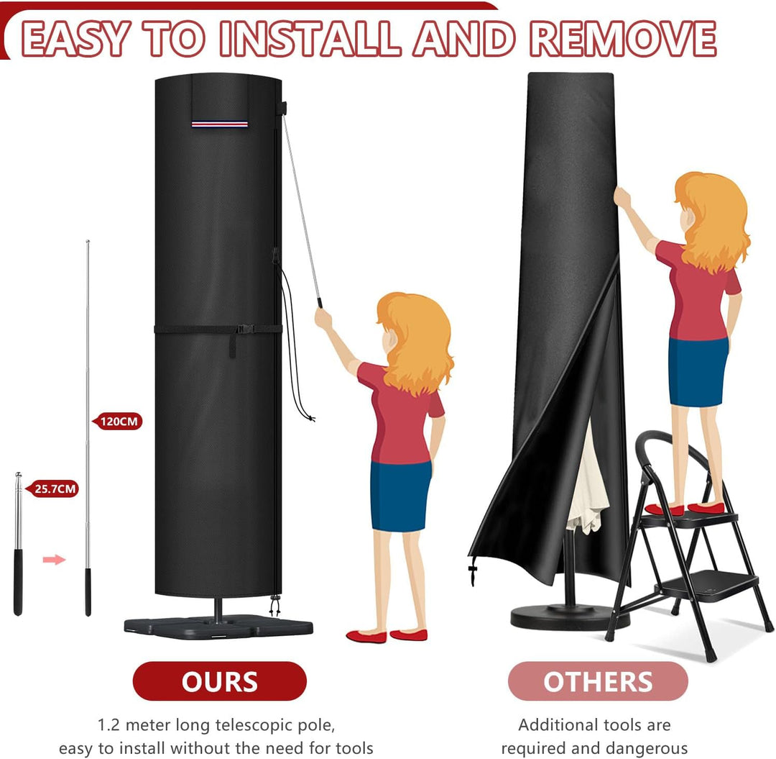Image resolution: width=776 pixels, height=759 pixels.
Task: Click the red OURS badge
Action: coord(219,681)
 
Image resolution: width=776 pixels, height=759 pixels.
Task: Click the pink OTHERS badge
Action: coord(598,681)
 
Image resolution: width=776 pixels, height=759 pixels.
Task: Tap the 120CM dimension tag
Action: coord(118,422)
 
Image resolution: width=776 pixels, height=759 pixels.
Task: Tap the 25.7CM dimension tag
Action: coord(53,489)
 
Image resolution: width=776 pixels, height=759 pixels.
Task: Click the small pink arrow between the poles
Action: coord(54,560)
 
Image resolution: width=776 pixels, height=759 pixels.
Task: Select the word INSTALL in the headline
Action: coord(309,39)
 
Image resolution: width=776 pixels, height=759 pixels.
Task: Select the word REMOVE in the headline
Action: coord(623,39)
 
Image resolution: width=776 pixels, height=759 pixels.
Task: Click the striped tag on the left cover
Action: coord(220,124)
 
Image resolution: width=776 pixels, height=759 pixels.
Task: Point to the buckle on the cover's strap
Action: coord(246,329)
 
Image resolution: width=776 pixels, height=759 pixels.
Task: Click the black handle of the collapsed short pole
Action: coord(18,582)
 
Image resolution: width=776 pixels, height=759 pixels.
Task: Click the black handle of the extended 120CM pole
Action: coord(88,592)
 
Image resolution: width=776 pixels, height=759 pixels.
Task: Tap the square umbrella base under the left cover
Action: coord(218,627)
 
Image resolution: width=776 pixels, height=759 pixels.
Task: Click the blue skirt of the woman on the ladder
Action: coord(698,371)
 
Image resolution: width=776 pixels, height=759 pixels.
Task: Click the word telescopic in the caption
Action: coord(255,725)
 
